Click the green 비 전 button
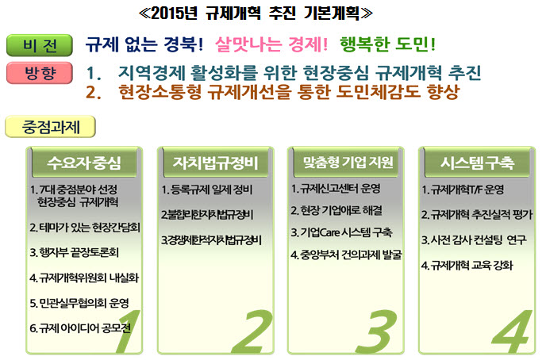pos(40,45)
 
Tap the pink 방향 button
pos(40,73)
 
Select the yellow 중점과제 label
pos(50,127)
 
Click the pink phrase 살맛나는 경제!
pos(271,44)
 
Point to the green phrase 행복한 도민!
pos(387,44)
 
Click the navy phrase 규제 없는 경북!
pos(144,44)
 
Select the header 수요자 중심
pos(84,163)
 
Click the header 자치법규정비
pos(216,163)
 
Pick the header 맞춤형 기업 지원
pos(348,163)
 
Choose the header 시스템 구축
pos(478,163)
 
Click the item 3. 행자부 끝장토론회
pos(74,252)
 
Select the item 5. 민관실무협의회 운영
pos(79,303)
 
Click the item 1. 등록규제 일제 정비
pos(207,190)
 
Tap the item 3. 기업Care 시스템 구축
pos(341,232)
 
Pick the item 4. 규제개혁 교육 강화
pos(467,266)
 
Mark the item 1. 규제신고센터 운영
pos(336,189)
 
